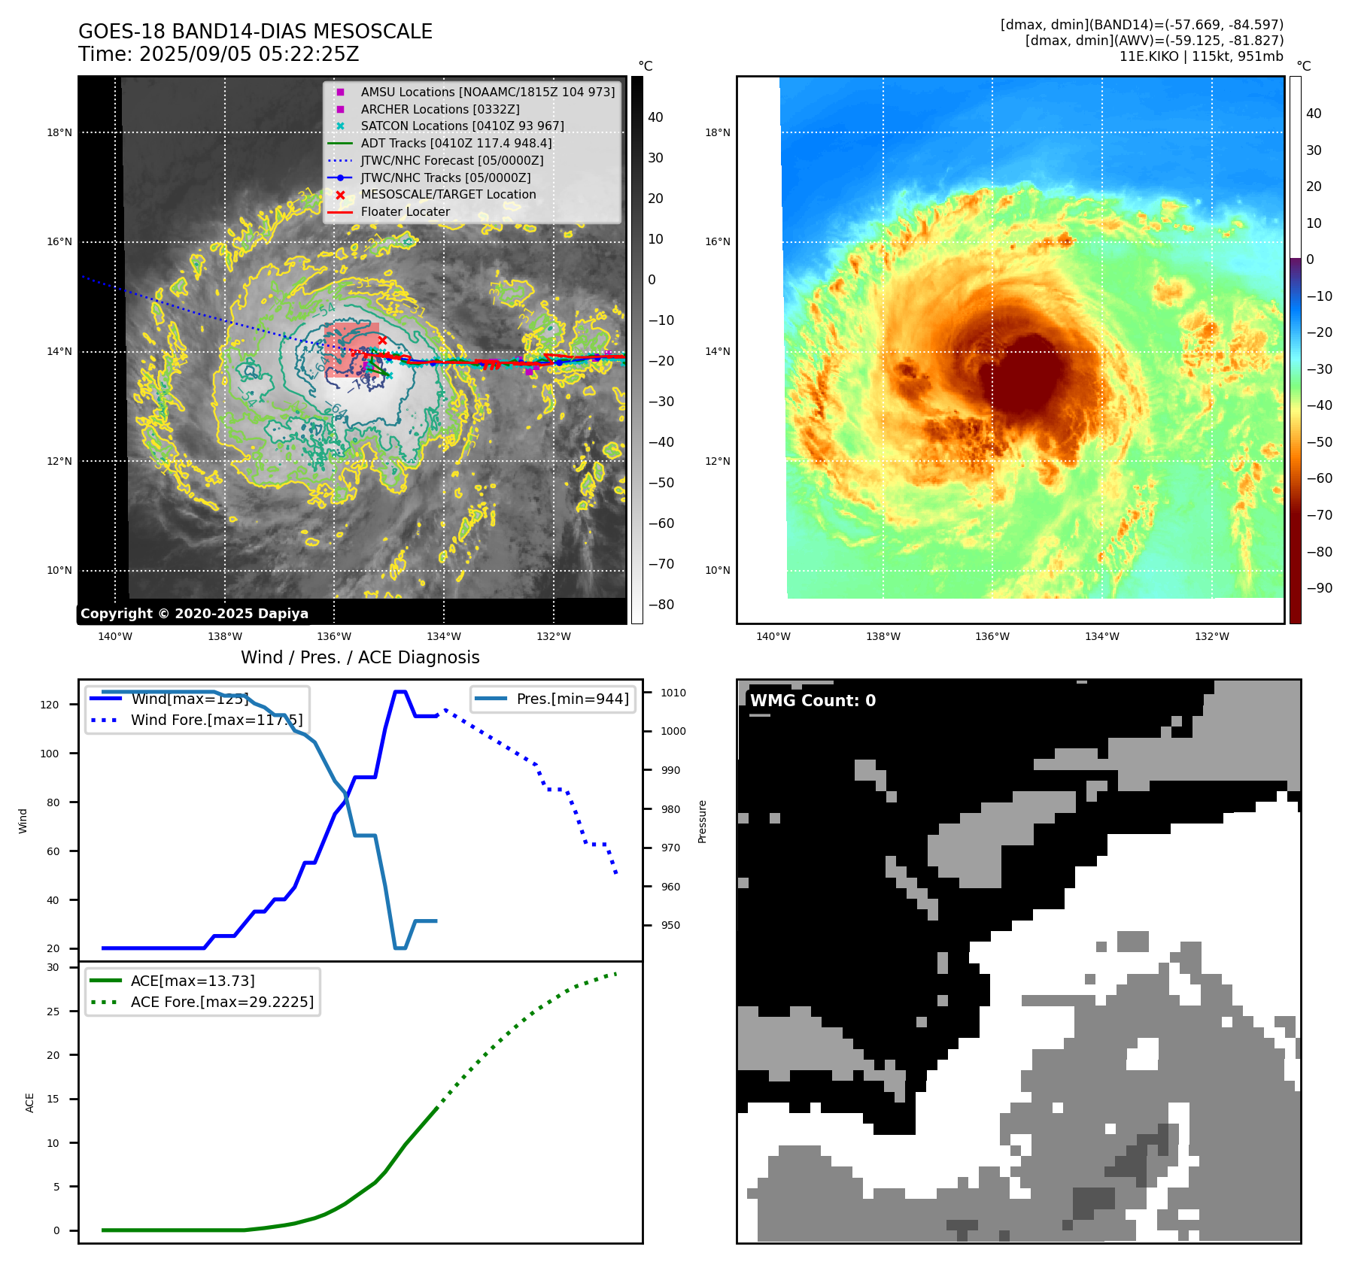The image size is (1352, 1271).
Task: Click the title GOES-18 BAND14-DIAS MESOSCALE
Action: pos(255,32)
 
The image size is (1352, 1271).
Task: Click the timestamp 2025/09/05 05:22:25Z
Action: pos(249,54)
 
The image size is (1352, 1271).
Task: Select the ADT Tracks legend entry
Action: pos(456,143)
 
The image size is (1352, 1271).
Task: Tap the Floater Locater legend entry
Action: pos(405,211)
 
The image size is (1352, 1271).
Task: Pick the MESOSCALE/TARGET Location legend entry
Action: pos(448,194)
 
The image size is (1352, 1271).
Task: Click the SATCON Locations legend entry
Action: pos(462,126)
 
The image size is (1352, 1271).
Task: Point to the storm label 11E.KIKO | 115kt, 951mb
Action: pos(1201,56)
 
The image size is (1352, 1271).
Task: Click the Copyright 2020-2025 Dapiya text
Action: pos(194,614)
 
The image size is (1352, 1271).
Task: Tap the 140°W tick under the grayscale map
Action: pos(115,636)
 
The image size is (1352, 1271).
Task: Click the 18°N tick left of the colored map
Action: pos(717,132)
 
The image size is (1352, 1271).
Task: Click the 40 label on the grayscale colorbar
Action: pos(655,117)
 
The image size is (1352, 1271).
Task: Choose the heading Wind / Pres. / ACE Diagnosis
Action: pos(360,657)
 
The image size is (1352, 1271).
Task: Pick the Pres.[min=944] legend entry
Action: pos(573,699)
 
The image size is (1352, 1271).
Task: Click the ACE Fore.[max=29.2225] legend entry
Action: pos(222,1002)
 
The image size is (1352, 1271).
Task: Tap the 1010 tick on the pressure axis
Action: pos(673,693)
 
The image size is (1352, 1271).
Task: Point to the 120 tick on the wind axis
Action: pos(50,705)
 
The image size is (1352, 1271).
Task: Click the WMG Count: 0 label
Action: pos(813,700)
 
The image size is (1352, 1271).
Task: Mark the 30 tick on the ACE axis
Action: pos(53,967)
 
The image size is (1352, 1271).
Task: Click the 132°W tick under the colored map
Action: pos(1211,636)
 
